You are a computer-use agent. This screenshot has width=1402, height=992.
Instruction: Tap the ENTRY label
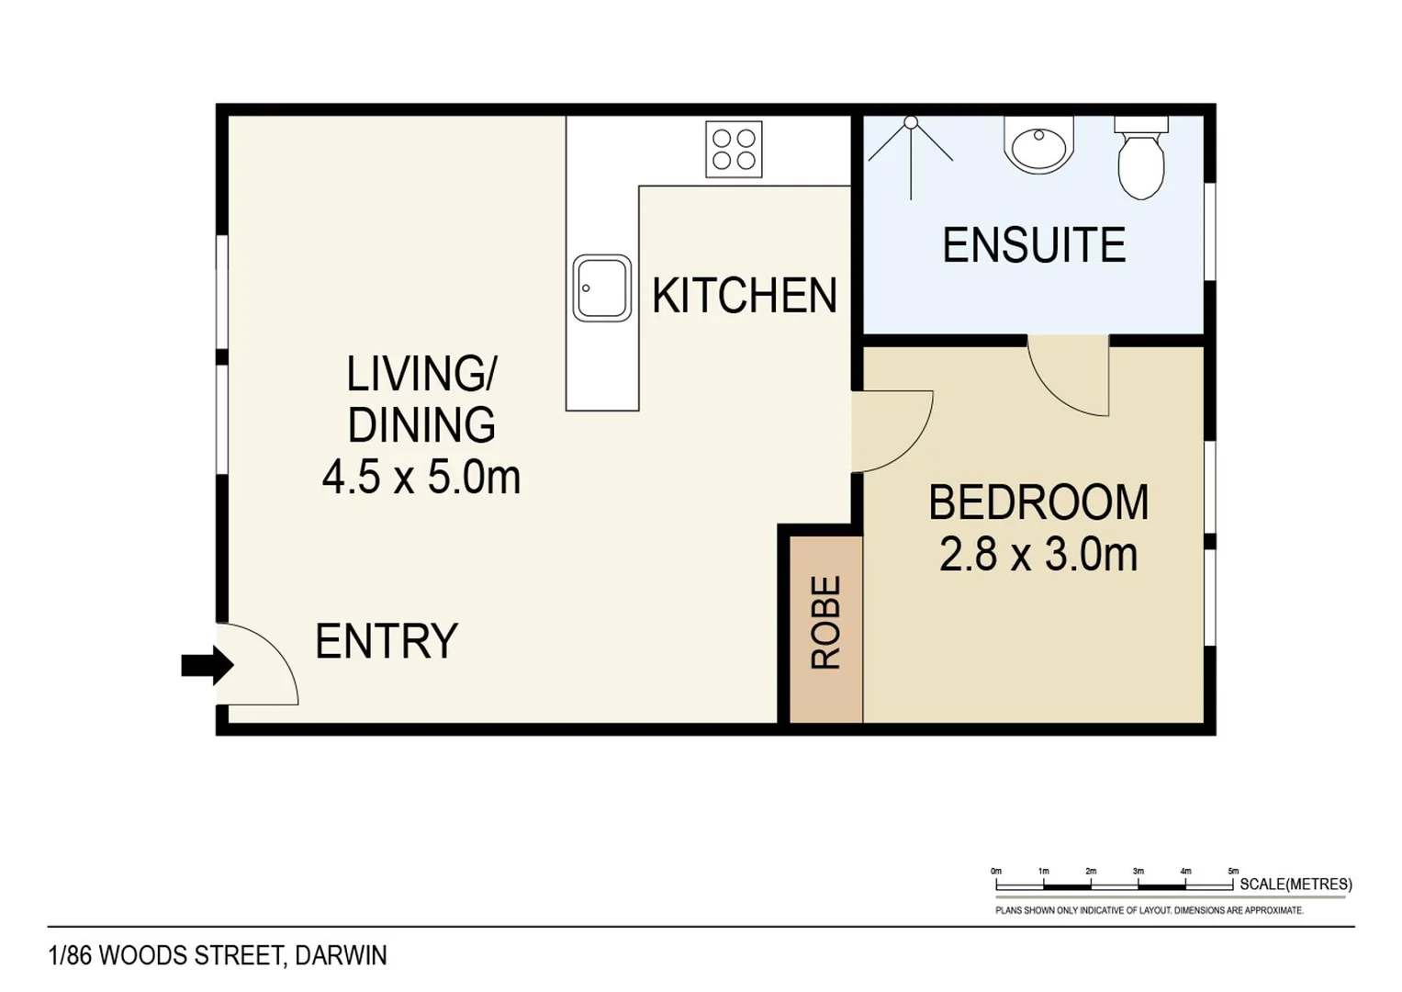coord(386,641)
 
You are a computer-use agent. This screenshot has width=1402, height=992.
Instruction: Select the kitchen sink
coord(601,288)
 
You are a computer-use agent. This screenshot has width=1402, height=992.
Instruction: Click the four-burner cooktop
coord(734,149)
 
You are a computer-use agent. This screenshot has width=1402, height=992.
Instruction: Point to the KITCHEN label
coord(744,296)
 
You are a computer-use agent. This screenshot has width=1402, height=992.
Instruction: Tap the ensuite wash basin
coord(1038,145)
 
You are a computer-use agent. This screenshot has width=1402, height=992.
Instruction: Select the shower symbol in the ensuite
coord(911,152)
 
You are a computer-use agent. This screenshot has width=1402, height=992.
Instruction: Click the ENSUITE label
coord(1034,245)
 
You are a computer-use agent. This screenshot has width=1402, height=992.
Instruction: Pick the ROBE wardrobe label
coord(825,622)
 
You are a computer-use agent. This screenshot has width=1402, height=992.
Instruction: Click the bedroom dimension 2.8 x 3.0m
coord(1038,555)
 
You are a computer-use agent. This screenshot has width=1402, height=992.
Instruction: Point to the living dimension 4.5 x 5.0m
coord(421,478)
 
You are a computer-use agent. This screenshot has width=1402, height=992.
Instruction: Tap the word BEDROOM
coord(1038,502)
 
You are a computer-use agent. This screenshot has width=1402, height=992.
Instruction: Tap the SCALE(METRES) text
coord(1295,884)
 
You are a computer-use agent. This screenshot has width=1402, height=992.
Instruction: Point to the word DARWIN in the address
coord(341,955)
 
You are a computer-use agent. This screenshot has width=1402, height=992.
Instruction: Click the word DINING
coord(421,425)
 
